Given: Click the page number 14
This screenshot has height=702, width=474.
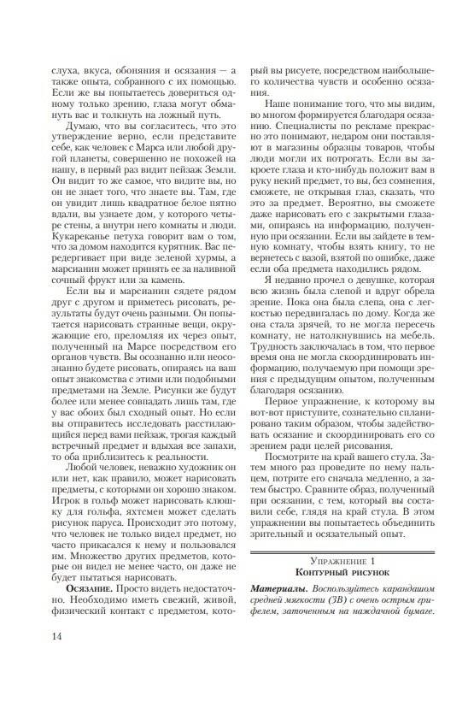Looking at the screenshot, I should click(x=57, y=659).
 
